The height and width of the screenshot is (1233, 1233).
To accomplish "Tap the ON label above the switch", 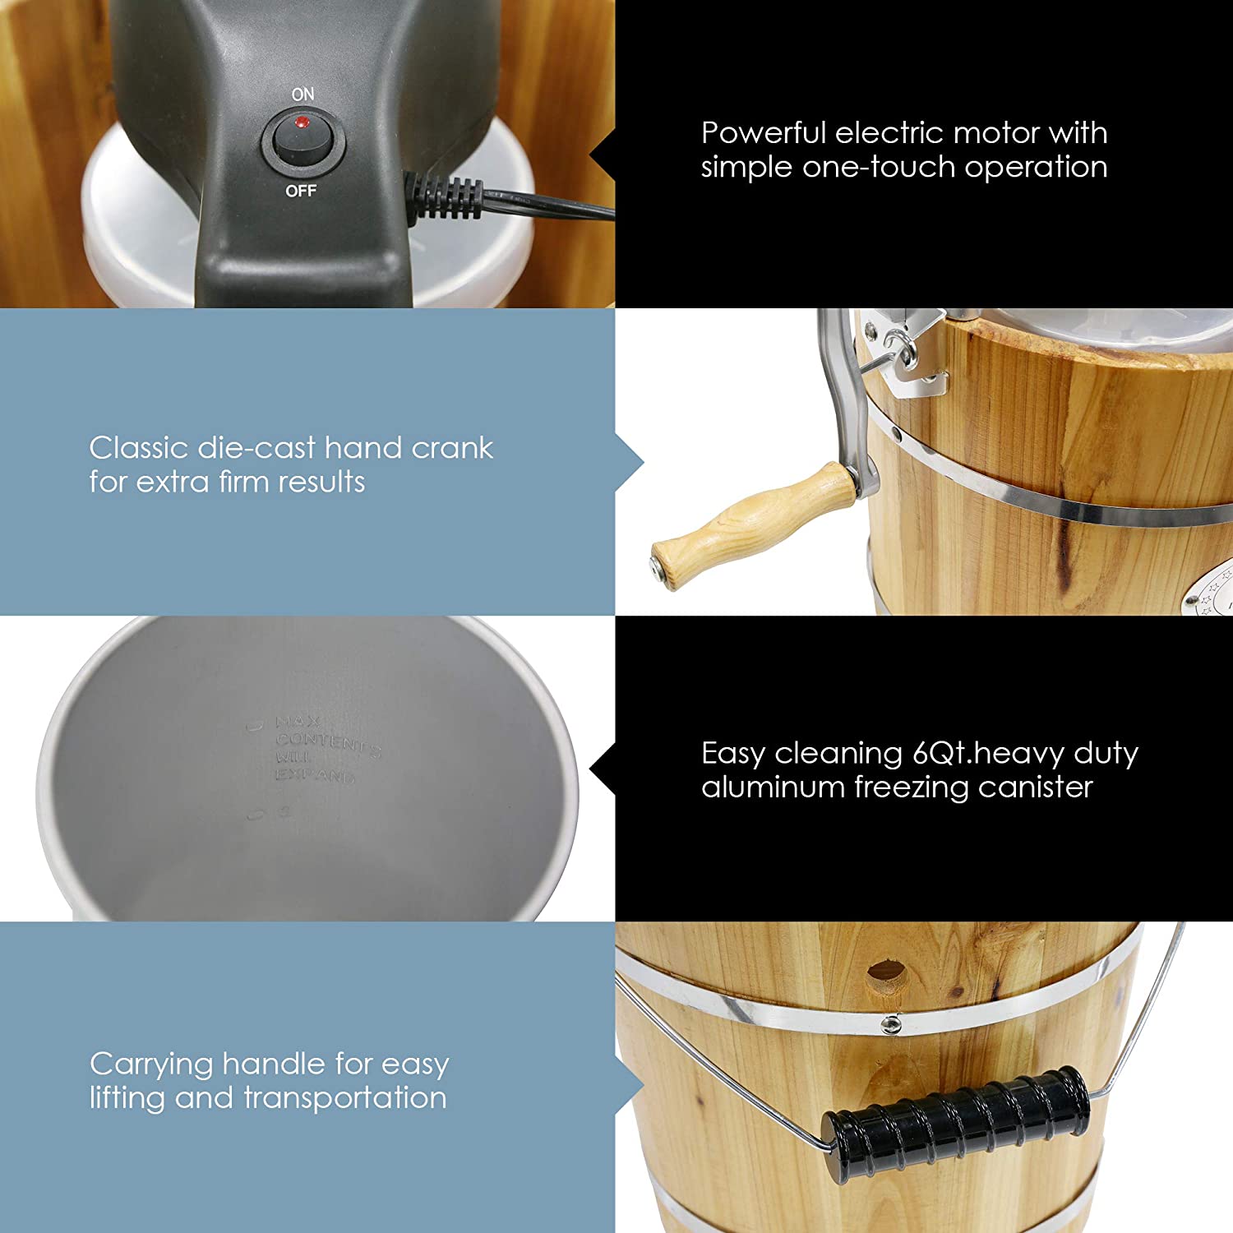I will pyautogui.click(x=302, y=95).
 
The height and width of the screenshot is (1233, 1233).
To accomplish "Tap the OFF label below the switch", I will pyautogui.click(x=301, y=191).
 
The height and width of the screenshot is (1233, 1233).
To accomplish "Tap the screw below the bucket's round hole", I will pyautogui.click(x=889, y=1024).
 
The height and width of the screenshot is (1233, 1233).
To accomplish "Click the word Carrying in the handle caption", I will pyautogui.click(x=150, y=1065).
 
